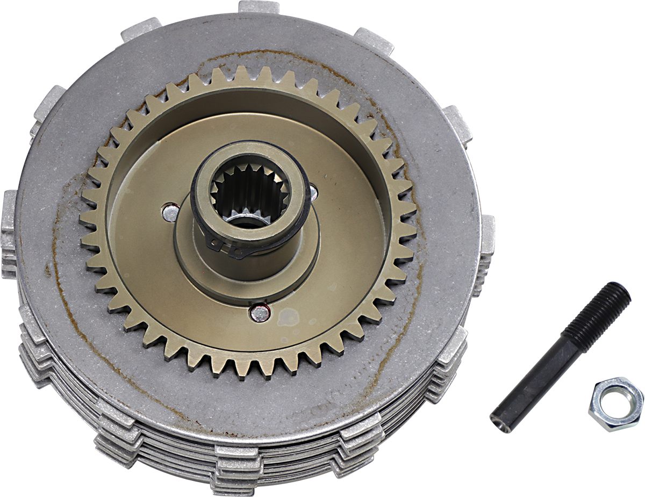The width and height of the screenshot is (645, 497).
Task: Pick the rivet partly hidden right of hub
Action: pyautogui.click(x=313, y=189)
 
